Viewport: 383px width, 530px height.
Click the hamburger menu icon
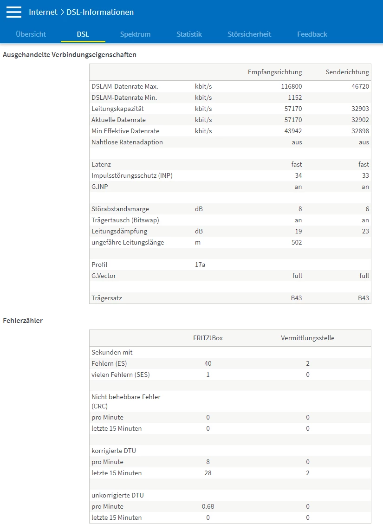[14, 12]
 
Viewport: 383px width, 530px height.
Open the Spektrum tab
[135, 34]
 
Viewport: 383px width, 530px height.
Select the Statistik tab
[189, 34]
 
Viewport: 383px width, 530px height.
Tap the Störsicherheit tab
[249, 34]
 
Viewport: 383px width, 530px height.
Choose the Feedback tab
[312, 34]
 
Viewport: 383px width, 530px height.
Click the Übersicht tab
[31, 34]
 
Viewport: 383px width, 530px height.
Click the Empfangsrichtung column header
[275, 72]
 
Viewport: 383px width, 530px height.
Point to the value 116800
[292, 86]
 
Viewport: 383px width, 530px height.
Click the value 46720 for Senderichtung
[360, 86]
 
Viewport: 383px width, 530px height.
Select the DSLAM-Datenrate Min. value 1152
[294, 97]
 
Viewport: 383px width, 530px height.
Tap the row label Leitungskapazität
[117, 109]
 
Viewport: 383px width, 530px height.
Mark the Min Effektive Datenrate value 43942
[293, 131]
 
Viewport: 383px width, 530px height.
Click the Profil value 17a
[200, 265]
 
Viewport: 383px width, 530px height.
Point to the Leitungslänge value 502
[296, 242]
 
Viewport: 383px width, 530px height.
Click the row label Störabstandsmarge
[120, 209]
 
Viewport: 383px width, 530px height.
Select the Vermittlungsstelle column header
[307, 338]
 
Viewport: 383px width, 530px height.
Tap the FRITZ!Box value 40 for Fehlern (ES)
[208, 363]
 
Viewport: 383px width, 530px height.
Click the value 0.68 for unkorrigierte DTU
[208, 506]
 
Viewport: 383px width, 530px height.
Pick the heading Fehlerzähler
[23, 320]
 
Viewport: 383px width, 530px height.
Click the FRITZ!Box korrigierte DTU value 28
[208, 473]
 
